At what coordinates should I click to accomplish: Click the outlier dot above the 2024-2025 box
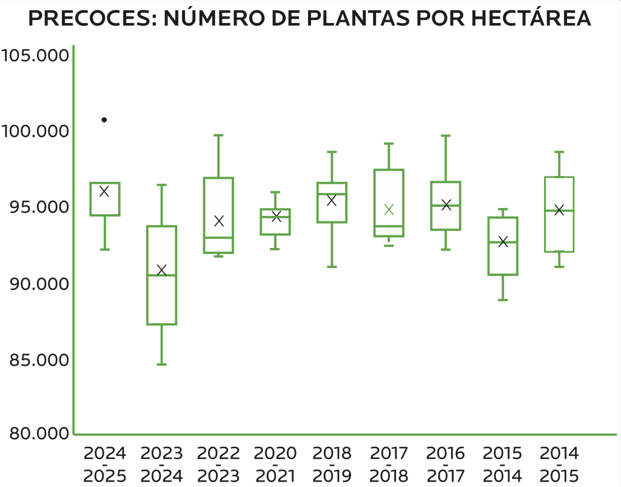click(104, 120)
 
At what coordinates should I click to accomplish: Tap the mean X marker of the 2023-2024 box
click(161, 270)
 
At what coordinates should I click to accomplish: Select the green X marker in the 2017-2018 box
click(389, 210)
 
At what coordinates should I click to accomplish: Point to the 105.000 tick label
click(35, 56)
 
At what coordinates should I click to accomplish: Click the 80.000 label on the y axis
click(35, 434)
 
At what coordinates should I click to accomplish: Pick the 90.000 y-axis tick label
click(35, 284)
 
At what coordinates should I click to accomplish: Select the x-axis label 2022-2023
click(218, 465)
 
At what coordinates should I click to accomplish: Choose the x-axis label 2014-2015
click(559, 465)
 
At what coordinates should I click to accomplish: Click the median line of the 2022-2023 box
click(218, 238)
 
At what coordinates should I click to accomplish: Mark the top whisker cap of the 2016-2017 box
click(446, 136)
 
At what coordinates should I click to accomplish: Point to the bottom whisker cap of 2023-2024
click(162, 364)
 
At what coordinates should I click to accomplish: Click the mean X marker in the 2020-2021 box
click(276, 217)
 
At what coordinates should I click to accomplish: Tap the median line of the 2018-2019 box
click(332, 194)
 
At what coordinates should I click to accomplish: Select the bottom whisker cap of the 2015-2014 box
click(503, 300)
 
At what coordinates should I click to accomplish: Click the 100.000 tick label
click(35, 132)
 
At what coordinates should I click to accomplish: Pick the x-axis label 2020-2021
click(275, 465)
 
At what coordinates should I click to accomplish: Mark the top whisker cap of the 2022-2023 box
click(218, 135)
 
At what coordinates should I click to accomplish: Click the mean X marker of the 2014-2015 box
click(559, 210)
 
